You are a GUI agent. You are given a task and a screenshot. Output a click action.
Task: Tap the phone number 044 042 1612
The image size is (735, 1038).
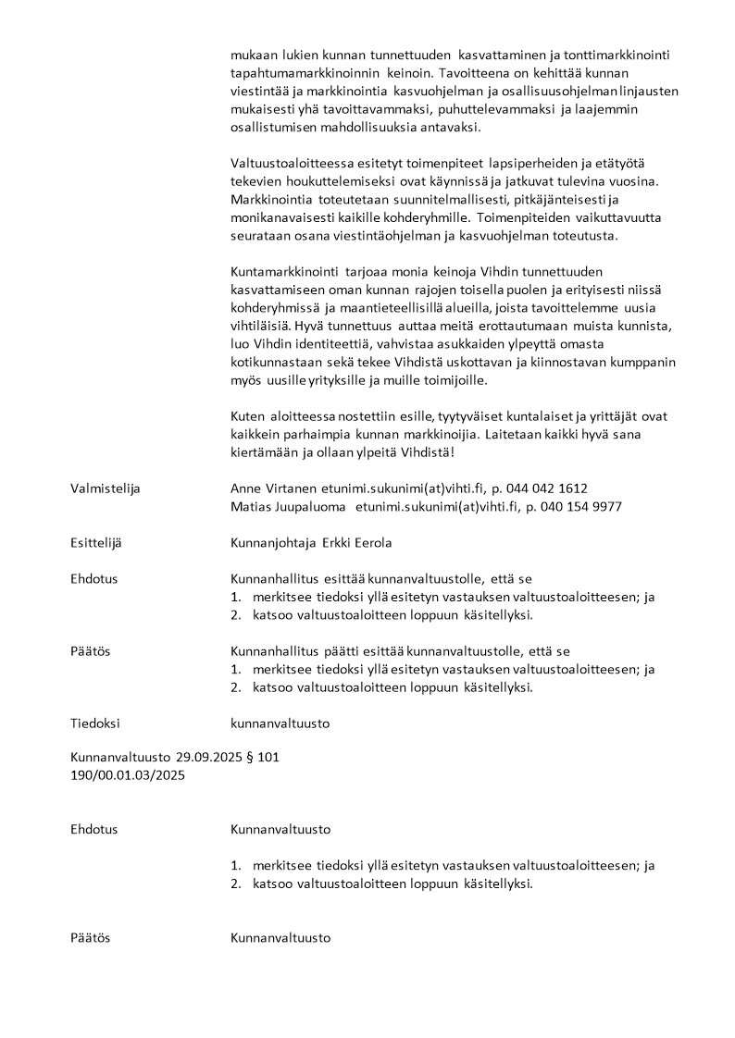coord(545,488)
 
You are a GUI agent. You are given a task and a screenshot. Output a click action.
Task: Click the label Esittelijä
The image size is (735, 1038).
coord(95,543)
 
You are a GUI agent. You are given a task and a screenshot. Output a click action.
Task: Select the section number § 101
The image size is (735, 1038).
coord(263,758)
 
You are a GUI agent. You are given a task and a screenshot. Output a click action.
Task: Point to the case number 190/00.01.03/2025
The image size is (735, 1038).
coord(128,776)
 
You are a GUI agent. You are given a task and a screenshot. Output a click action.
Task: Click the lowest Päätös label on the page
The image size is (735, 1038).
coord(90,938)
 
